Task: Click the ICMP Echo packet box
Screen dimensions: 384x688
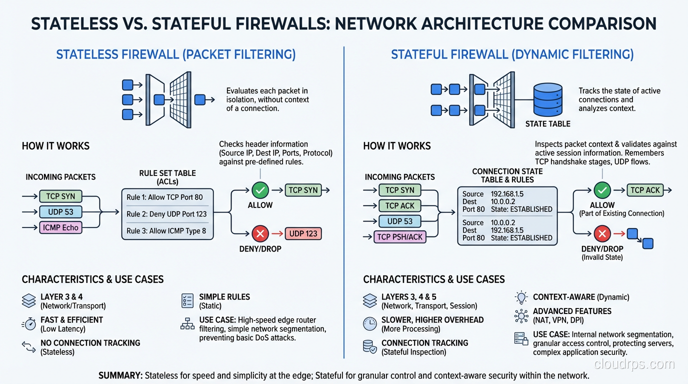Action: tap(60, 227)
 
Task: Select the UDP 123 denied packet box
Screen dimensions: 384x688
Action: tap(303, 233)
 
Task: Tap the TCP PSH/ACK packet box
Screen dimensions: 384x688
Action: tap(400, 237)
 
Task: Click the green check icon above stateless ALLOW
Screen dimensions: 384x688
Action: tap(260, 190)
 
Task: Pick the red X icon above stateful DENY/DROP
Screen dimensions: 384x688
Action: tap(602, 233)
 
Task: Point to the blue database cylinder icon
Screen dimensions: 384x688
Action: tap(548, 99)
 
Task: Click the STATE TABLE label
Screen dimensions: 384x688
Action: tap(547, 123)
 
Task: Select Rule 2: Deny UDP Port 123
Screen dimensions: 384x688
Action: tap(166, 214)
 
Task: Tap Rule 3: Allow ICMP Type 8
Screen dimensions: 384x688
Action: tap(166, 231)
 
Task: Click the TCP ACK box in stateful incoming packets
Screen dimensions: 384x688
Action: tap(400, 205)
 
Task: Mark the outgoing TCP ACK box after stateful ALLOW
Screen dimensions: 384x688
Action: tap(645, 190)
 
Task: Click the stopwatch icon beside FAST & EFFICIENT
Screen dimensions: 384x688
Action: tap(29, 324)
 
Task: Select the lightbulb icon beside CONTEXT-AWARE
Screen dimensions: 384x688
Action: tap(521, 297)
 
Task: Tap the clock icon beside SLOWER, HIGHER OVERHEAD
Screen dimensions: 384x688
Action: tap(369, 324)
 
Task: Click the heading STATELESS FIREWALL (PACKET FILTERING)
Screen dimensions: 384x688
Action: tap(175, 54)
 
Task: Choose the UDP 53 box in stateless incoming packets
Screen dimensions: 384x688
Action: tap(60, 212)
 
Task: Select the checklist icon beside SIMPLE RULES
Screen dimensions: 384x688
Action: tap(187, 300)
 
